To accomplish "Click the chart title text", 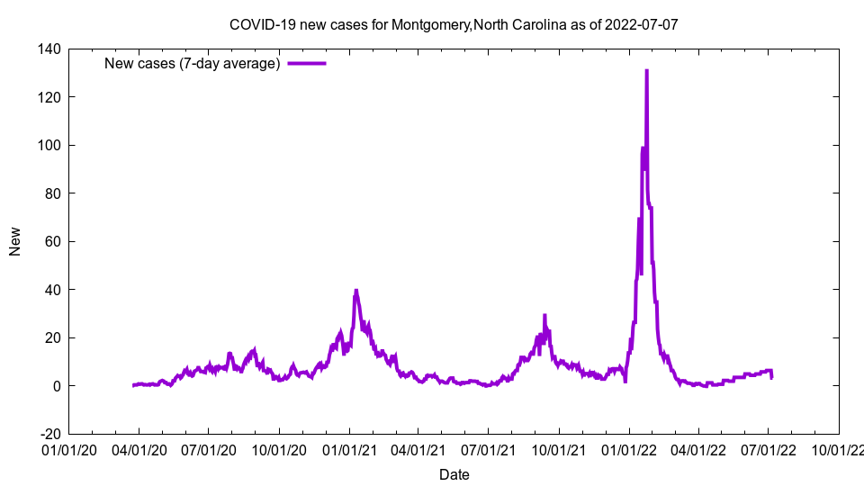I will pyautogui.click(x=454, y=24).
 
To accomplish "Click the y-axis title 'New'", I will pyautogui.click(x=15, y=241).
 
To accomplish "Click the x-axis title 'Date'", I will pyautogui.click(x=454, y=474).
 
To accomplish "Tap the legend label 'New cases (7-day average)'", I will pyautogui.click(x=193, y=63).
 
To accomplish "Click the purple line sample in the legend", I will pyautogui.click(x=306, y=63).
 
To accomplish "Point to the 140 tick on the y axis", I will pyautogui.click(x=49, y=49).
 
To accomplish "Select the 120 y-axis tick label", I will pyautogui.click(x=49, y=97).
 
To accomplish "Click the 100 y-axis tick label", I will pyautogui.click(x=49, y=145).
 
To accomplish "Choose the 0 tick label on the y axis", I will pyautogui.click(x=56, y=386).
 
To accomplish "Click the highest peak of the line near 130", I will pyautogui.click(x=646, y=71).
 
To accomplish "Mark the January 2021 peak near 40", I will pyautogui.click(x=356, y=291).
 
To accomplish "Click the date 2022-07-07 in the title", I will pyautogui.click(x=642, y=24).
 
